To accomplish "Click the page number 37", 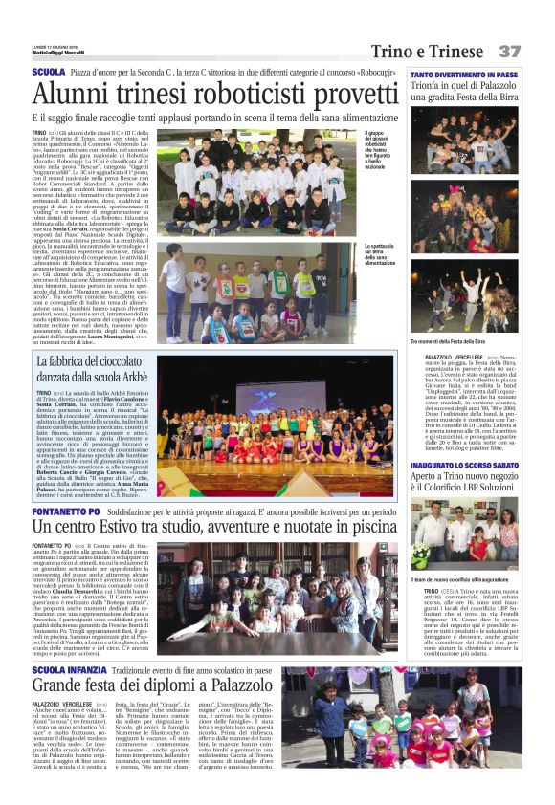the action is point(508,51).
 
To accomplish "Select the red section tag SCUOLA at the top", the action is point(48,73).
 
